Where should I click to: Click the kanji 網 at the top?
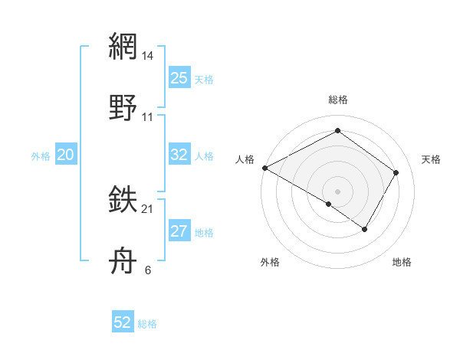coord(123,47)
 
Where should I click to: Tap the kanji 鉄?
coord(123,201)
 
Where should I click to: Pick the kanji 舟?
coord(123,261)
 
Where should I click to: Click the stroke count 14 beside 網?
coord(148,57)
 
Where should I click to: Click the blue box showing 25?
coord(179,78)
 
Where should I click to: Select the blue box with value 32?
coord(179,155)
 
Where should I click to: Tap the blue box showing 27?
coord(179,231)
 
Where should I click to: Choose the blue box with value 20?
coord(66,155)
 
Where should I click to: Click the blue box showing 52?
coord(123,322)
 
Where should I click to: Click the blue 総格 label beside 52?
coord(147,324)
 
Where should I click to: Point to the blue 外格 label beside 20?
coord(41,156)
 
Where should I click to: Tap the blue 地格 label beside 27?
coord(204,233)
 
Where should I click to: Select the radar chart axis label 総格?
coord(337,100)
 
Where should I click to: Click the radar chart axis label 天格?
coord(431,159)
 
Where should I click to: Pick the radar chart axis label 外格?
coord(270,262)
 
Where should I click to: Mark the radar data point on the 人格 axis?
coord(264,168)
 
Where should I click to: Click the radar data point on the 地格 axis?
coord(365,229)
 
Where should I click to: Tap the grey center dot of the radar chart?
coord(337,191)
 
